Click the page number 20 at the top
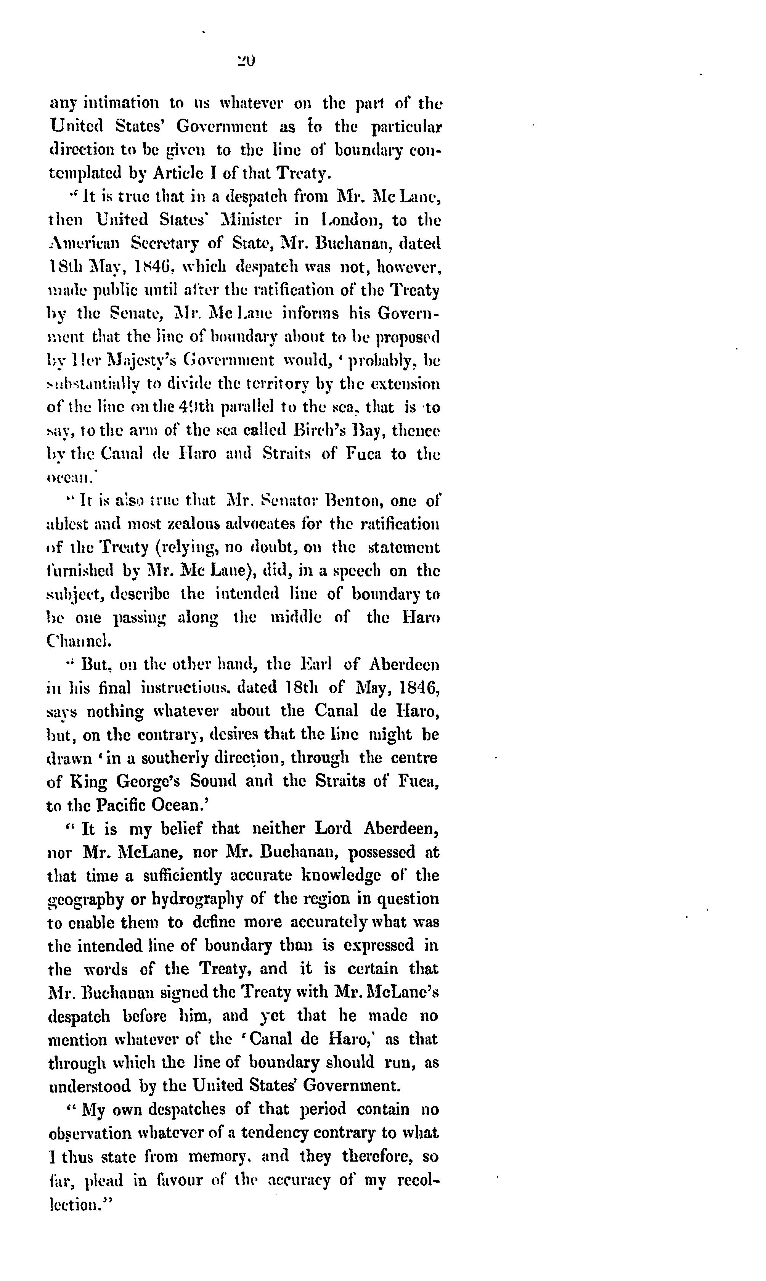click(x=246, y=61)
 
